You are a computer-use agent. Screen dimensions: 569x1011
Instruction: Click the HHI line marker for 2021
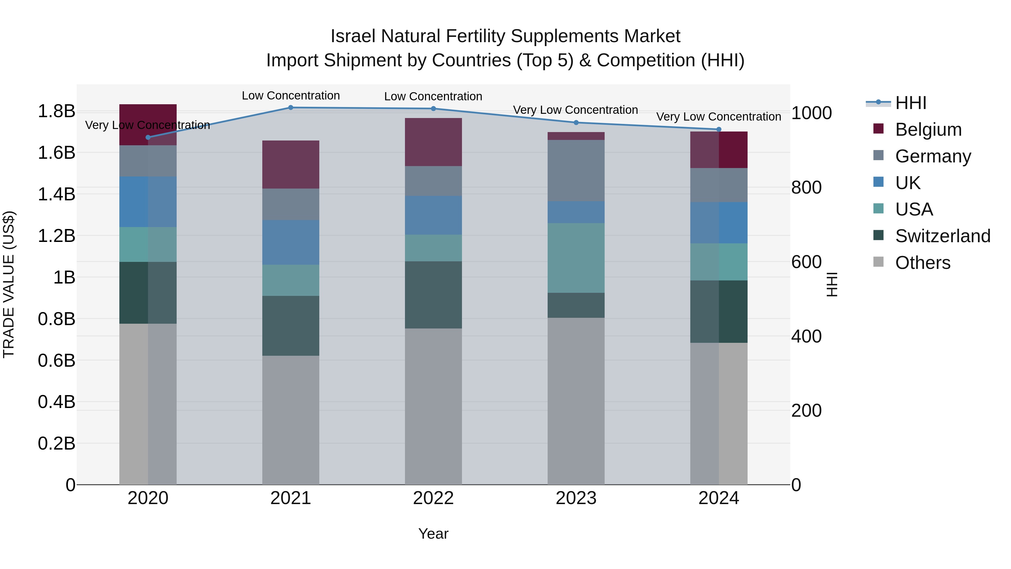[x=290, y=107]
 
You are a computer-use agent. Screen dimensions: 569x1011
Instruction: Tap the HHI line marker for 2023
[x=576, y=123]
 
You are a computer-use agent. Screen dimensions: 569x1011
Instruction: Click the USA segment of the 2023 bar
[x=576, y=258]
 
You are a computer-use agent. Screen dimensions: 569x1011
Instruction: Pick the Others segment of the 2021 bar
[x=290, y=420]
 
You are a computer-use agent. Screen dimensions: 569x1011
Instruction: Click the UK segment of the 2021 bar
[x=290, y=242]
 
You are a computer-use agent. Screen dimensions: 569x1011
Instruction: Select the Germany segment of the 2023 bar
[x=576, y=171]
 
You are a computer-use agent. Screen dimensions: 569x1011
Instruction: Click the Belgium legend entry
[x=928, y=130]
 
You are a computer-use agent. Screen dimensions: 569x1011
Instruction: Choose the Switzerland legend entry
[x=942, y=236]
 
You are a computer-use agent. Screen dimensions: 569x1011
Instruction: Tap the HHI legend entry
[x=910, y=103]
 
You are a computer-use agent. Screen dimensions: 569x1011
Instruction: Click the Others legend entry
[x=922, y=263]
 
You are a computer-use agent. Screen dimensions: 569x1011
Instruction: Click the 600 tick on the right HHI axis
[x=806, y=262]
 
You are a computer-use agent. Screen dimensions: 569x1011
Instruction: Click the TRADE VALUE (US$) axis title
[x=9, y=284]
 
